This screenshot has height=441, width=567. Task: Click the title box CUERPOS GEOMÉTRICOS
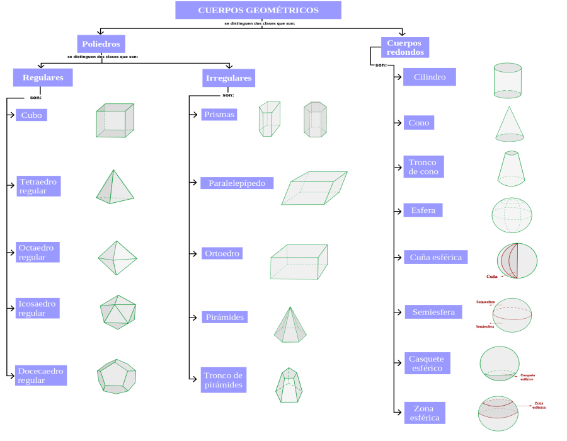tap(258, 10)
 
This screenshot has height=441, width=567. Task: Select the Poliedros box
tap(101, 44)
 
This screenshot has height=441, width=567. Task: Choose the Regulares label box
tap(43, 77)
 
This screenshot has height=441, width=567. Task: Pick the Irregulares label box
tap(228, 78)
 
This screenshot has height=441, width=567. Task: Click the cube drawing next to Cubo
tap(115, 120)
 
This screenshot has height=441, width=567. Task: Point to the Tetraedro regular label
tap(38, 186)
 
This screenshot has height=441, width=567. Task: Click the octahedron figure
tap(117, 258)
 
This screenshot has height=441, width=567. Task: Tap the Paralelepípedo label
tap(238, 183)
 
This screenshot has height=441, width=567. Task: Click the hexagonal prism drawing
tap(315, 120)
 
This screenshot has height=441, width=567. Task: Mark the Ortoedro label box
tap(223, 253)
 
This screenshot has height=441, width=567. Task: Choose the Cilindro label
tap(430, 77)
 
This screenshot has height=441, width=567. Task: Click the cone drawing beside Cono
tap(510, 124)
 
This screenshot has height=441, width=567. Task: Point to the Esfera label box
tap(423, 210)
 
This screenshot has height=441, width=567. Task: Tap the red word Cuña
tap(492, 277)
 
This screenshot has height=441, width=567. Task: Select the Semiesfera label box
tap(433, 312)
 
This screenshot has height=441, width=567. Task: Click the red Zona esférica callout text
tap(539, 406)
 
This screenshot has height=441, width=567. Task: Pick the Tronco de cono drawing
tap(510, 167)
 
